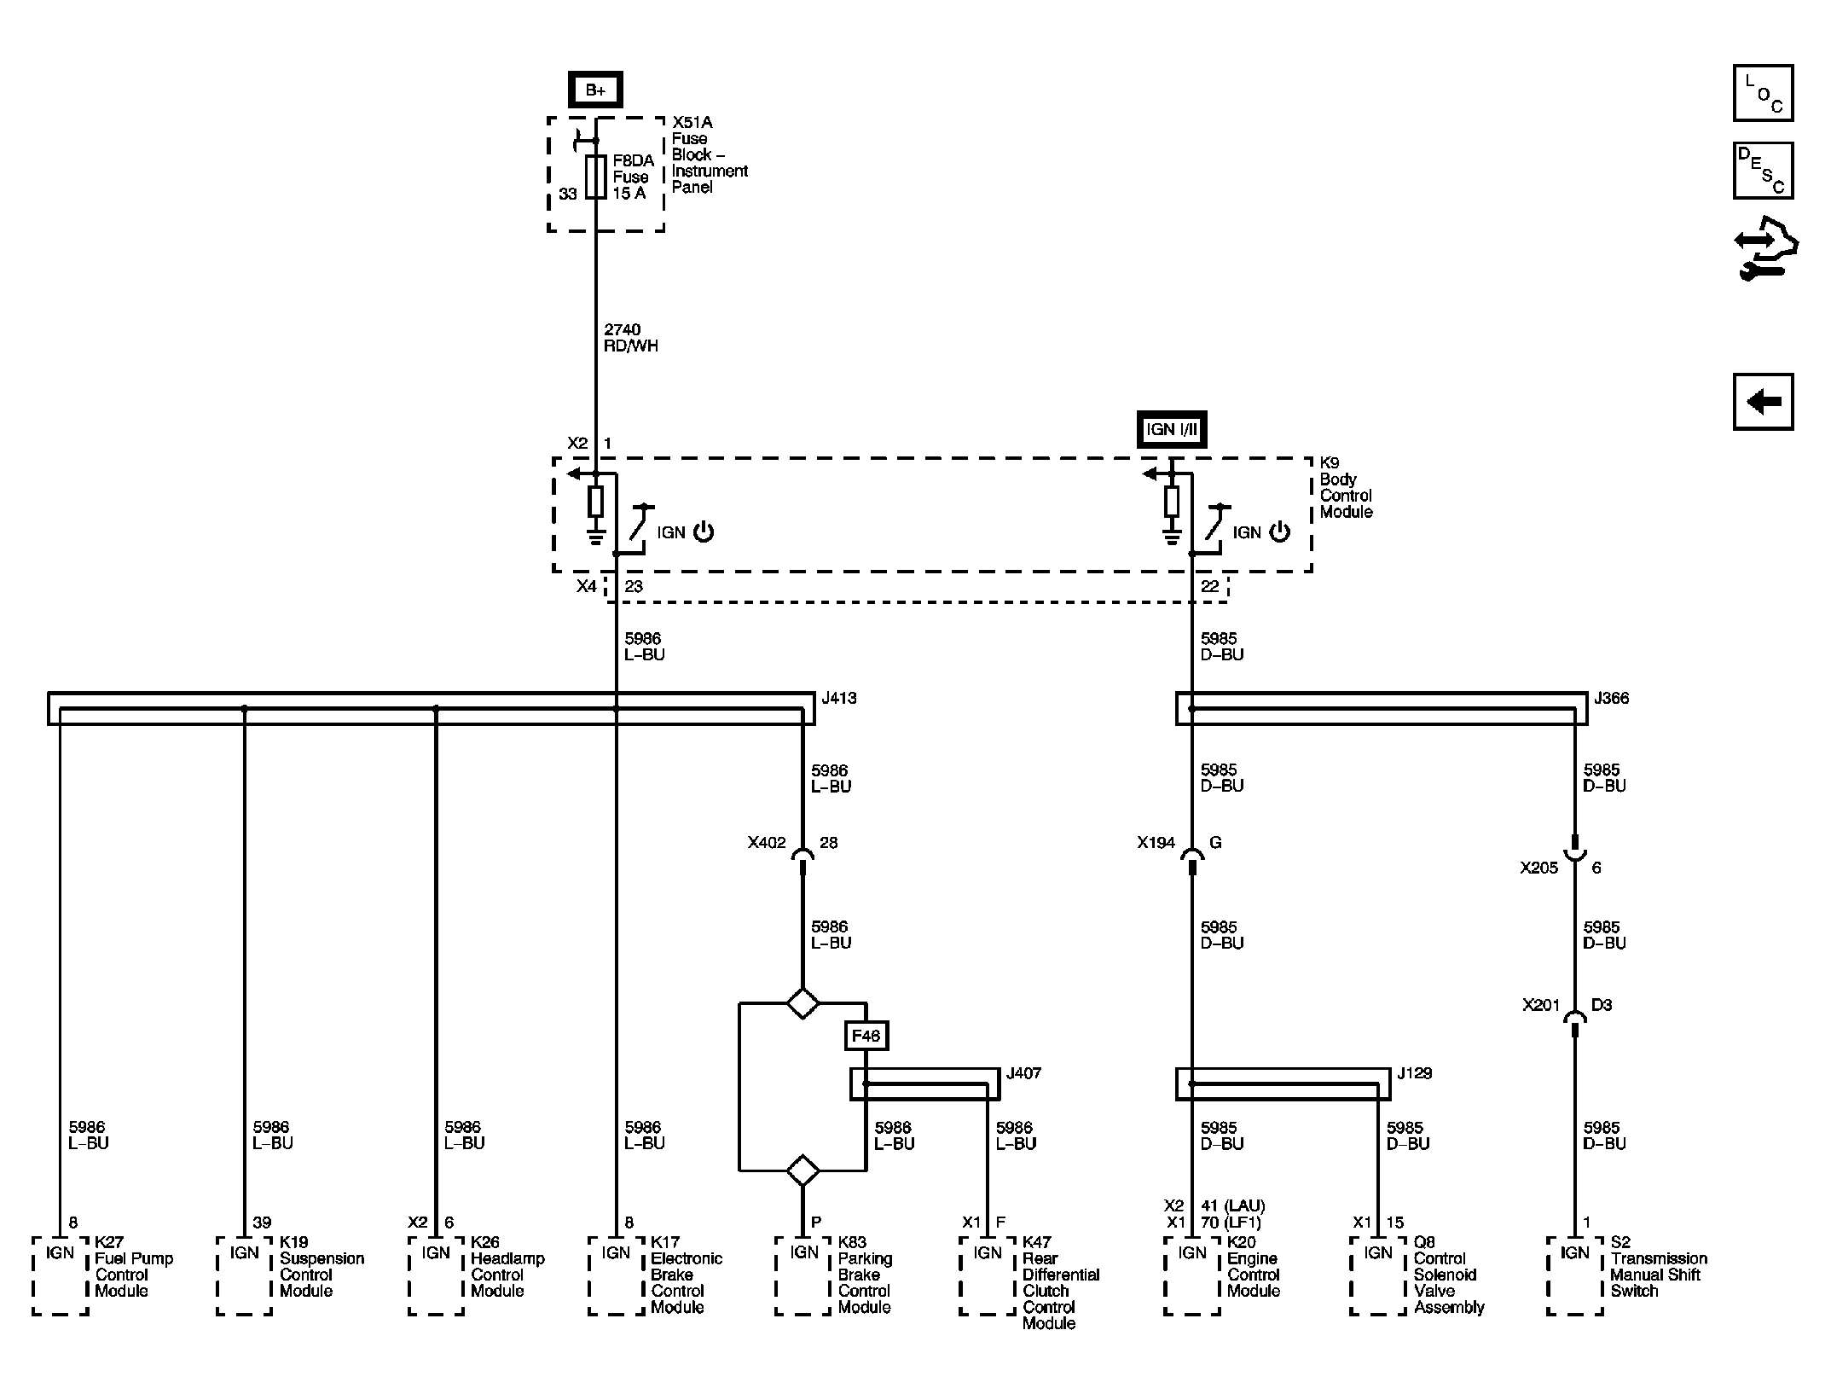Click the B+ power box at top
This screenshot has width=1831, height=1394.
tap(595, 90)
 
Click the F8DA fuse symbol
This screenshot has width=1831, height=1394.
tap(595, 177)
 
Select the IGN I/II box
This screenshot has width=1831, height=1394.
tap(1172, 429)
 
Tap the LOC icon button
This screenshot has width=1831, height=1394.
tap(1763, 93)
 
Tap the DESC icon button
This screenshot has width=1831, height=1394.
tap(1763, 171)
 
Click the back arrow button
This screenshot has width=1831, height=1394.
tap(1763, 401)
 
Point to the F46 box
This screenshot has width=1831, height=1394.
tap(866, 1036)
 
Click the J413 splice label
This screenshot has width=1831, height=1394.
tap(839, 698)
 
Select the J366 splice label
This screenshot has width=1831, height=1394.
tap(1611, 698)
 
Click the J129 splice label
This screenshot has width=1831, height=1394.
tap(1414, 1073)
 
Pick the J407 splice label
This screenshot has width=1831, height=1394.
tap(1023, 1073)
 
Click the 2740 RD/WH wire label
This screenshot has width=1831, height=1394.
tap(630, 338)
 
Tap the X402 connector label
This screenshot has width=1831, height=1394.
tap(766, 843)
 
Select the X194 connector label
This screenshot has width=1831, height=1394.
tap(1156, 843)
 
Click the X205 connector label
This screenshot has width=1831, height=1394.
tap(1538, 868)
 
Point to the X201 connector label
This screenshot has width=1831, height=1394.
tap(1540, 1005)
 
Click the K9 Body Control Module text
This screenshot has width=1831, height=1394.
tap(1346, 487)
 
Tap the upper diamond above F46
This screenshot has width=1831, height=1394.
tap(803, 1002)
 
